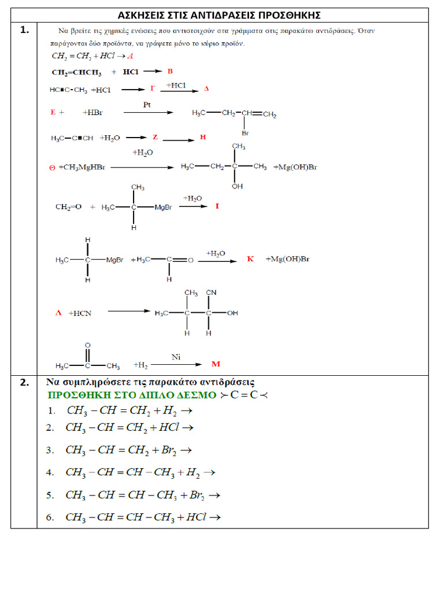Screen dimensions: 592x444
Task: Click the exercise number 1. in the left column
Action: pyautogui.click(x=24, y=31)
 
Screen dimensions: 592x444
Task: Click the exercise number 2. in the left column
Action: pyautogui.click(x=24, y=382)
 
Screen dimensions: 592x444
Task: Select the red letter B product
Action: pyautogui.click(x=170, y=72)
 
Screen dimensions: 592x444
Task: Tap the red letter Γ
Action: pyautogui.click(x=153, y=89)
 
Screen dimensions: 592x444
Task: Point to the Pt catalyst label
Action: pyautogui.click(x=147, y=104)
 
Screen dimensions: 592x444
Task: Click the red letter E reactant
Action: pyautogui.click(x=53, y=112)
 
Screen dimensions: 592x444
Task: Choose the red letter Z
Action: pyautogui.click(x=155, y=138)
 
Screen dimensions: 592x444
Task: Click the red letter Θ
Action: pyautogui.click(x=52, y=168)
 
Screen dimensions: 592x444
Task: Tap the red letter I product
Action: pyautogui.click(x=217, y=206)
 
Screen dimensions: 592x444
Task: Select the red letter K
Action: pyautogui.click(x=250, y=259)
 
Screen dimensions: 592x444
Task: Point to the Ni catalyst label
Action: pyautogui.click(x=176, y=357)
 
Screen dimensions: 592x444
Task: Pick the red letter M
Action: pyautogui.click(x=216, y=364)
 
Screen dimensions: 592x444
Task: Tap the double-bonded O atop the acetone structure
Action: pyautogui.click(x=87, y=346)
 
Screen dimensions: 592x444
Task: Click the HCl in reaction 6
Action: pyautogui.click(x=197, y=517)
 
